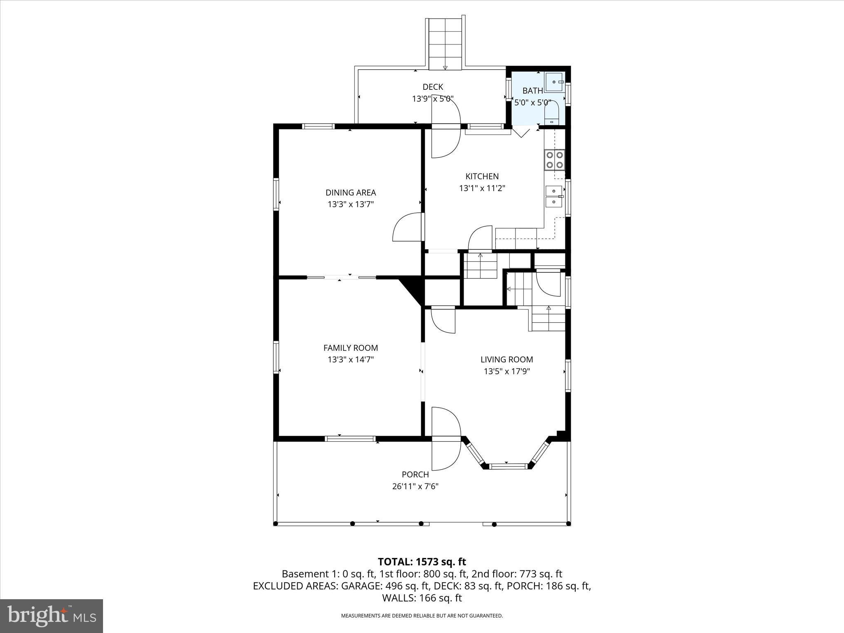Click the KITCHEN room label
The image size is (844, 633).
pyautogui.click(x=482, y=176)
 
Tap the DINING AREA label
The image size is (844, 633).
pyautogui.click(x=351, y=192)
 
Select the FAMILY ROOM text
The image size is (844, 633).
pyautogui.click(x=351, y=348)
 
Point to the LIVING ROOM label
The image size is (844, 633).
pyautogui.click(x=506, y=359)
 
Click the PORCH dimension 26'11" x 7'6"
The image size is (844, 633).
pyautogui.click(x=415, y=486)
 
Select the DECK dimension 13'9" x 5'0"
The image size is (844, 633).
pyautogui.click(x=433, y=99)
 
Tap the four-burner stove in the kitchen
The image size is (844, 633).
pyautogui.click(x=554, y=160)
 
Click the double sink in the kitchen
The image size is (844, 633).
pyautogui.click(x=554, y=197)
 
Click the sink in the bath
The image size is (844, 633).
pyautogui.click(x=555, y=82)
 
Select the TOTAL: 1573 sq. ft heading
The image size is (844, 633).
pyautogui.click(x=422, y=562)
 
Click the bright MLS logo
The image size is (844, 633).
pyautogui.click(x=52, y=616)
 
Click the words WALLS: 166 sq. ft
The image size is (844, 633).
pyautogui.click(x=422, y=598)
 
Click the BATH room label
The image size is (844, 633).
pyautogui.click(x=532, y=91)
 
